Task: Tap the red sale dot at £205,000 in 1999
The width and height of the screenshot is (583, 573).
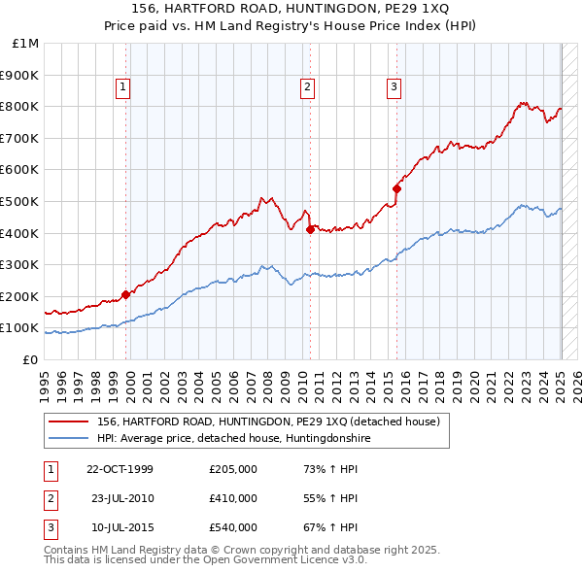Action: click(125, 294)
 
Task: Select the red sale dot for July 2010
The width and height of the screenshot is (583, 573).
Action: click(310, 229)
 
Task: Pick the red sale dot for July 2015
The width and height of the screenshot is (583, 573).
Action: click(396, 188)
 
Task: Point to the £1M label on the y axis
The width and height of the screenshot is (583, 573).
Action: click(26, 44)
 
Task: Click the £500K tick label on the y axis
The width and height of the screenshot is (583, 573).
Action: click(21, 201)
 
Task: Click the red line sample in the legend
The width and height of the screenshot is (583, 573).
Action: click(68, 421)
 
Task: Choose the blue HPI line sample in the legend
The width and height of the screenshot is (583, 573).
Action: click(68, 439)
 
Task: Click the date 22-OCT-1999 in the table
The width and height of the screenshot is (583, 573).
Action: click(120, 469)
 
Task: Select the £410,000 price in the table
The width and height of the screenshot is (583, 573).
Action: click(233, 498)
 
